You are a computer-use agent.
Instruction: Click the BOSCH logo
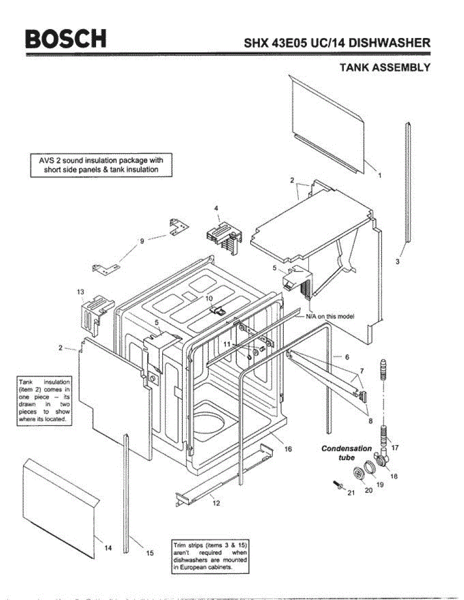67,39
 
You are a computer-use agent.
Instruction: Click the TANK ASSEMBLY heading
384,67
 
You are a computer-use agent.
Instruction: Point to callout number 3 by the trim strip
397,261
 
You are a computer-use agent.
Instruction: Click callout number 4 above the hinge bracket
216,207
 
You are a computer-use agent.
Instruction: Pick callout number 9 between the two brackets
142,241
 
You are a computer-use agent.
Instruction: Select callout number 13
81,291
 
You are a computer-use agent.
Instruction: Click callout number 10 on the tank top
209,298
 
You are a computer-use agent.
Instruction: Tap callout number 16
288,449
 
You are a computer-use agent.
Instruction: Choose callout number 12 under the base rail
216,503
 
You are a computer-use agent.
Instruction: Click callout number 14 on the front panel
108,548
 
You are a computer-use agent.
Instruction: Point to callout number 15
150,552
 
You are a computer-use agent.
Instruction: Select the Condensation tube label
346,453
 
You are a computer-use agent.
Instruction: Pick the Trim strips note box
210,556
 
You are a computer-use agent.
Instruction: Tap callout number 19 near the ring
380,484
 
